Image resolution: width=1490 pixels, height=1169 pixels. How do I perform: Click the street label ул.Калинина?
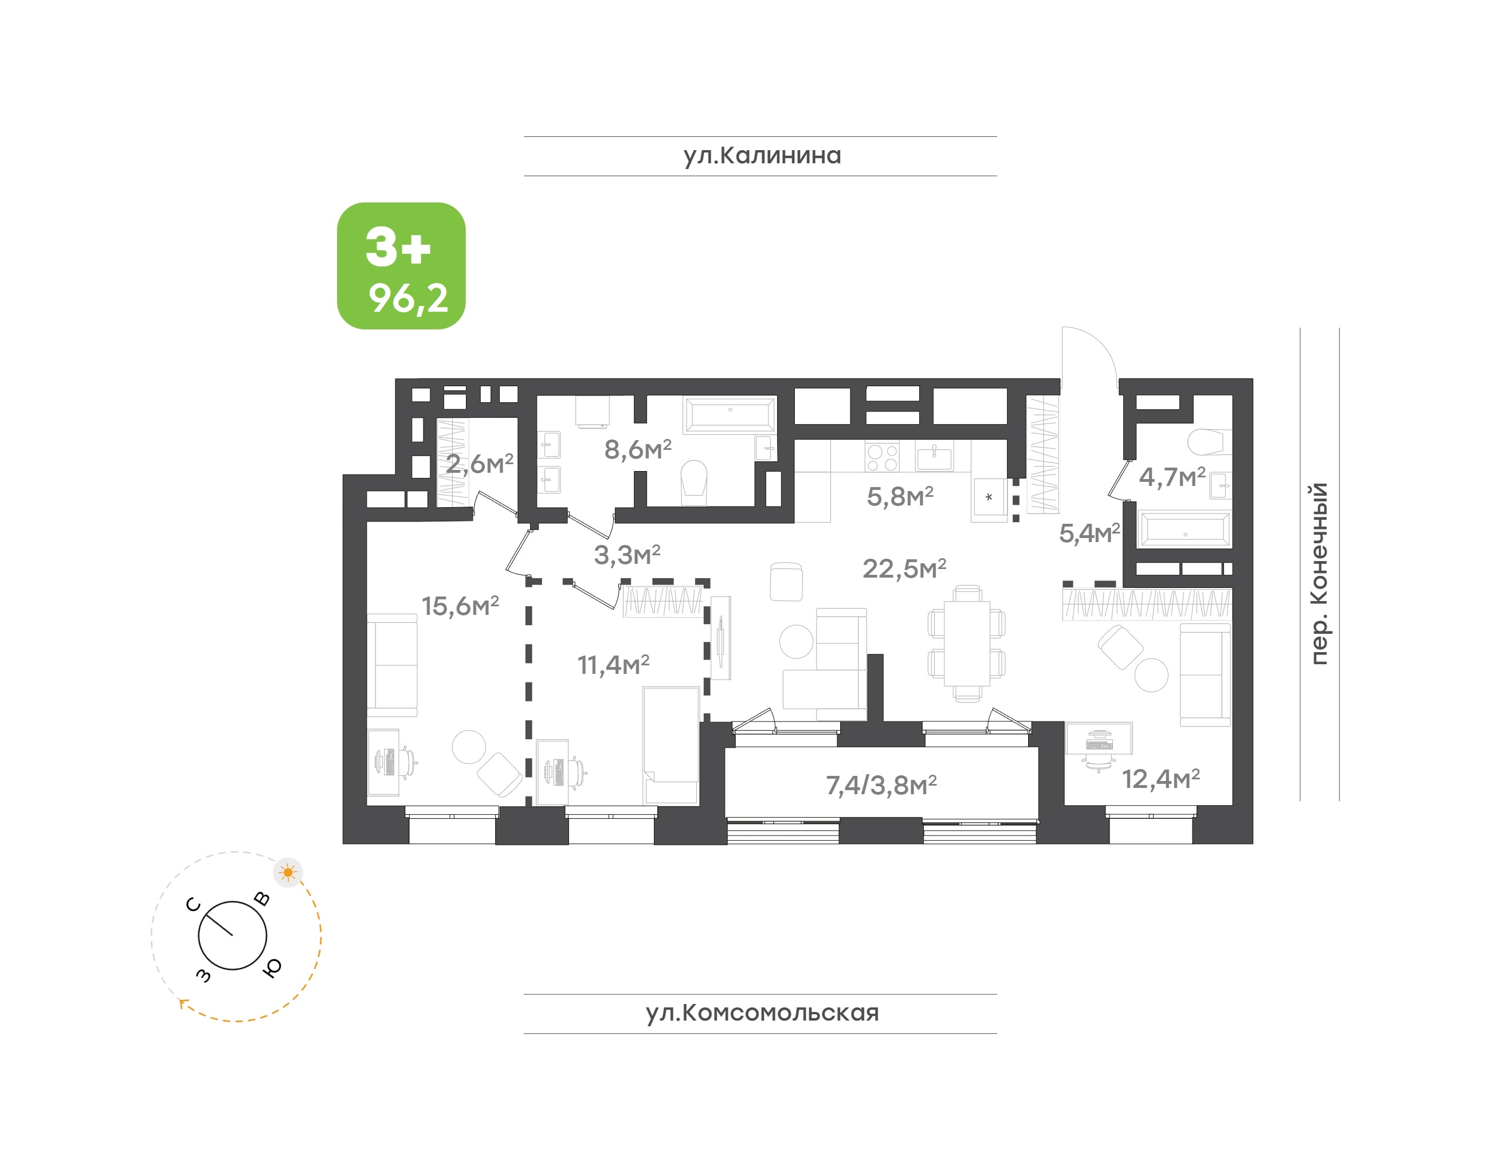click(762, 155)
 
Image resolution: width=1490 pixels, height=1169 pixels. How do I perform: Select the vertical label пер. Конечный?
click(1318, 574)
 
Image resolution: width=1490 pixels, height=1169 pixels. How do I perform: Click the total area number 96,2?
click(409, 299)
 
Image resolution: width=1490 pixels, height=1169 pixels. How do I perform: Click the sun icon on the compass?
click(288, 873)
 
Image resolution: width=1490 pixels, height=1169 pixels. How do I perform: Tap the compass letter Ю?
click(272, 967)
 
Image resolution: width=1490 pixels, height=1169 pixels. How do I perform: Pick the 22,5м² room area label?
click(904, 568)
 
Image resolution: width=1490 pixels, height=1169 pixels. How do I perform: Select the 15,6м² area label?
click(460, 606)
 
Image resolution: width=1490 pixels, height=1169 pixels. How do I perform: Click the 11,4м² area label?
click(613, 665)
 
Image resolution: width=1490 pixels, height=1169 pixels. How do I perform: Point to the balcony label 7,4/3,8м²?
click(881, 785)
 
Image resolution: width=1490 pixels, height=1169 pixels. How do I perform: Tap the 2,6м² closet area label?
click(479, 464)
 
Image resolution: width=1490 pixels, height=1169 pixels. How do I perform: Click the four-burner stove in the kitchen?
click(881, 457)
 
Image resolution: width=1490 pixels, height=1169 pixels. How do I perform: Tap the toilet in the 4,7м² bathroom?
click(1209, 442)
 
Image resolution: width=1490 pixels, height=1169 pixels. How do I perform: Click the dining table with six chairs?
click(966, 644)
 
